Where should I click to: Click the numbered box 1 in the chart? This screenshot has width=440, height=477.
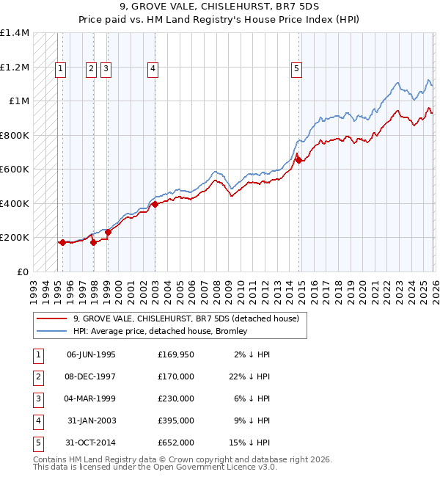(59, 70)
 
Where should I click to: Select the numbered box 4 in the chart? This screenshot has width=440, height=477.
(153, 70)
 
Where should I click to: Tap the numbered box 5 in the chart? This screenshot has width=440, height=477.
(296, 70)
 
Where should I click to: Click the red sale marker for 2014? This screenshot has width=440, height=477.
(298, 160)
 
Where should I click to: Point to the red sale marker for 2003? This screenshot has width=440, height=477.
(155, 205)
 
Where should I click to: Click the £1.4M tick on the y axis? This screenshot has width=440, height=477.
(15, 33)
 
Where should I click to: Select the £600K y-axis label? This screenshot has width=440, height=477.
(15, 169)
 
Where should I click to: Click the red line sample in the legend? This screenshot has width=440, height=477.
(53, 319)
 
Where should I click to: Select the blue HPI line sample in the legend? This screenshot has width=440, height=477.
(53, 332)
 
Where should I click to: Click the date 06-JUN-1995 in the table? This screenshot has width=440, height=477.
(91, 354)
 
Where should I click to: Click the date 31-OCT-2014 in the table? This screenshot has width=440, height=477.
(91, 443)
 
